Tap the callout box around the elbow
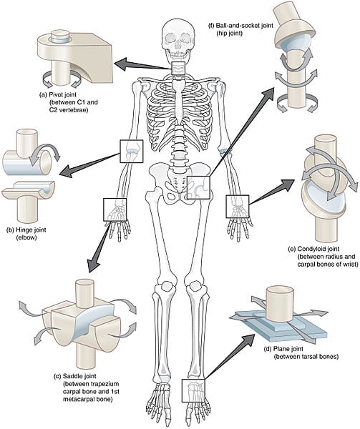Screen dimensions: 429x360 pos(131,150)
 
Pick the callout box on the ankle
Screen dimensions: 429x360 pos(195,390)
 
